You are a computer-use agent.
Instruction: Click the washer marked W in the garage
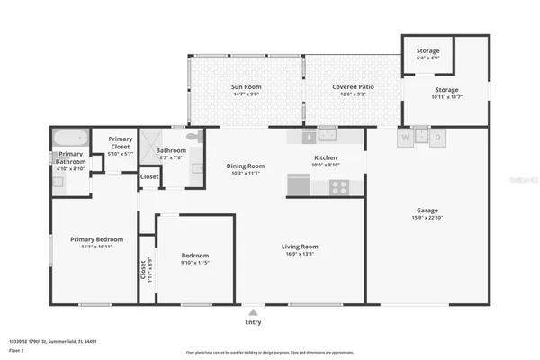tap(406, 139)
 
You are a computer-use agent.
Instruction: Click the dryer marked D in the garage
tap(438, 139)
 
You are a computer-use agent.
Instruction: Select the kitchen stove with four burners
tap(339, 187)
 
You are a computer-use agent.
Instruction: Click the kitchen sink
tap(328, 136)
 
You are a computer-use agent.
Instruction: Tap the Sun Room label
tap(246, 86)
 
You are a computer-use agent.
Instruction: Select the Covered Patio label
tap(348, 86)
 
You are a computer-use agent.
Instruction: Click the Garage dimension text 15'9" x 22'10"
tap(427, 216)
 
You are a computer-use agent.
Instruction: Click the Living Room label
tap(300, 246)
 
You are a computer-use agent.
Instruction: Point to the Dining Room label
tap(245, 166)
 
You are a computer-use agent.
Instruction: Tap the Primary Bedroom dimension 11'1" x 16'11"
tap(96, 246)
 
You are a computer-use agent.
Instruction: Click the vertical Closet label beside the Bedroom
tap(142, 269)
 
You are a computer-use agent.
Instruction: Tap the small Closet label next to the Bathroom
tap(149, 177)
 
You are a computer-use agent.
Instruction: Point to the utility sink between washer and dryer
tap(422, 138)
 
